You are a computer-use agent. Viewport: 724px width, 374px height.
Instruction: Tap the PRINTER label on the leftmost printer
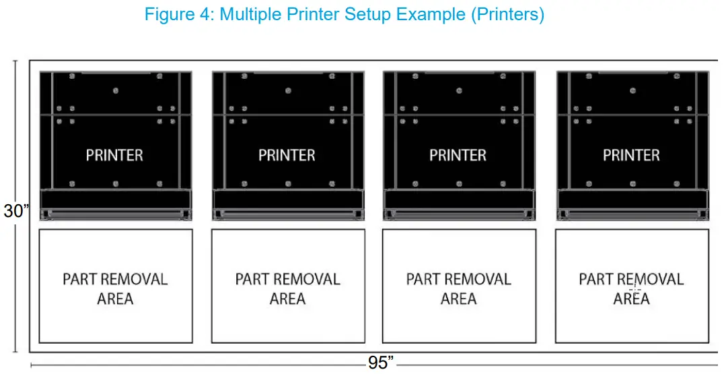coord(114,155)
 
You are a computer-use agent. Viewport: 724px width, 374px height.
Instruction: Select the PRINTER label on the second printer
coord(287,155)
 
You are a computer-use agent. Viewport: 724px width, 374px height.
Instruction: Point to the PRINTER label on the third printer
coord(458,155)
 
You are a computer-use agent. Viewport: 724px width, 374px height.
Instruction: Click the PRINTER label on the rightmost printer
coord(631,155)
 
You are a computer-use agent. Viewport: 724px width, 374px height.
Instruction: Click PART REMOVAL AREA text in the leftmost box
coord(115,288)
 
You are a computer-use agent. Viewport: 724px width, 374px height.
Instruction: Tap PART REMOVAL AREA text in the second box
coord(287,288)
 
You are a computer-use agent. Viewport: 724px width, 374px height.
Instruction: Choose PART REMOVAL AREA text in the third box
coord(459,288)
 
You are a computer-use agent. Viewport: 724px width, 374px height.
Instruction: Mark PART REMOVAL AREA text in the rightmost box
coord(631,288)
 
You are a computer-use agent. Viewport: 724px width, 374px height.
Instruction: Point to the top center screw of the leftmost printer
coord(116,90)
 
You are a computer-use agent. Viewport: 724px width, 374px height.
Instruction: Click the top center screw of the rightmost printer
coord(632,90)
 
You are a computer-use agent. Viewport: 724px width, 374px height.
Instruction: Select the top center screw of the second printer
coord(288,90)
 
